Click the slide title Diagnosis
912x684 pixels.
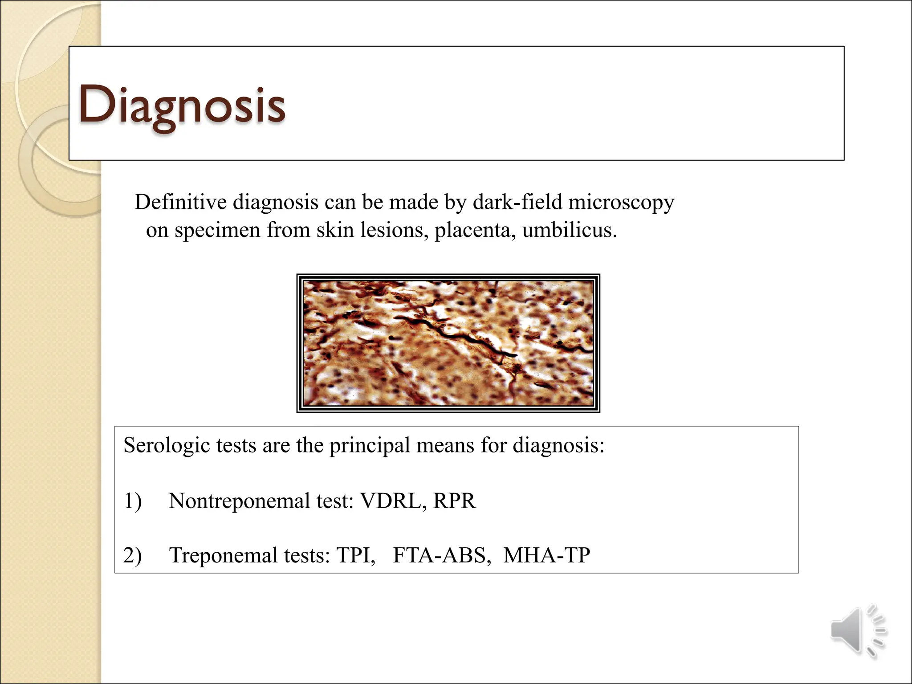(182, 105)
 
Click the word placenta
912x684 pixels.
(475, 230)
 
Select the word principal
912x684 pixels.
(370, 446)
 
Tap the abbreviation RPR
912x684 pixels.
(454, 501)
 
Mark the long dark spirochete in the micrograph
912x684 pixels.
(463, 338)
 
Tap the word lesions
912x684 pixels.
(394, 230)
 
